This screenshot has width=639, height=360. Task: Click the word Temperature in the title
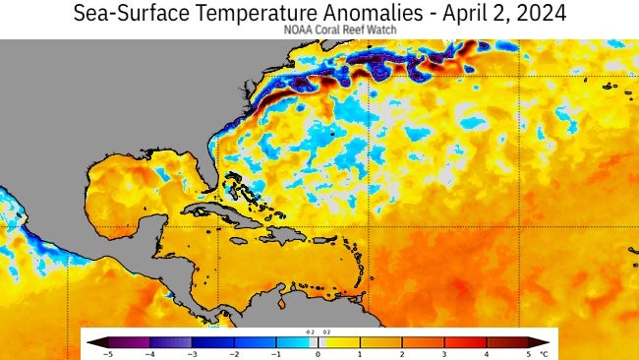tap(250, 14)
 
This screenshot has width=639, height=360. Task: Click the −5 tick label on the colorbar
tap(108, 352)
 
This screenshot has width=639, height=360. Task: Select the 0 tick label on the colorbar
tap(318, 352)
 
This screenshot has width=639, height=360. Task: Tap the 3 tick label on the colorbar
tap(444, 352)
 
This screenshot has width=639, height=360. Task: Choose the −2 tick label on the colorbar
tap(234, 352)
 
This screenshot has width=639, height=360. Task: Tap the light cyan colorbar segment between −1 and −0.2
tap(294, 341)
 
